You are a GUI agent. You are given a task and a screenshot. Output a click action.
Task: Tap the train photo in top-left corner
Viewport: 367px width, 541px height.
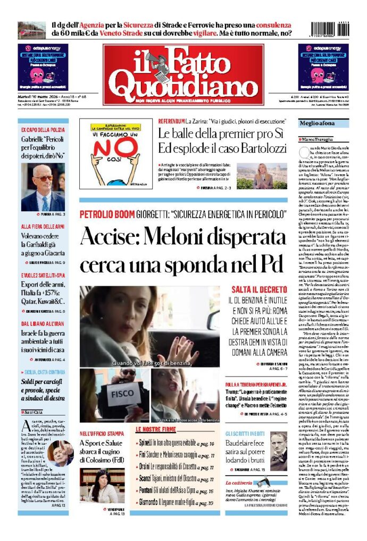31,30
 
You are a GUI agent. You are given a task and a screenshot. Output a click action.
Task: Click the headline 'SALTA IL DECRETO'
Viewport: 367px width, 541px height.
259,289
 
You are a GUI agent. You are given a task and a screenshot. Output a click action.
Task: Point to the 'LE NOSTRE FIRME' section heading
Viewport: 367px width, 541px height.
156,429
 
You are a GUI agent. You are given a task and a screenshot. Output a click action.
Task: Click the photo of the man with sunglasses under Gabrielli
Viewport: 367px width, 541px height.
43,187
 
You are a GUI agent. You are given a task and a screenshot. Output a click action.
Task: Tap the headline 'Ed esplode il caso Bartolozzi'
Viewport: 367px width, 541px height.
222,148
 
